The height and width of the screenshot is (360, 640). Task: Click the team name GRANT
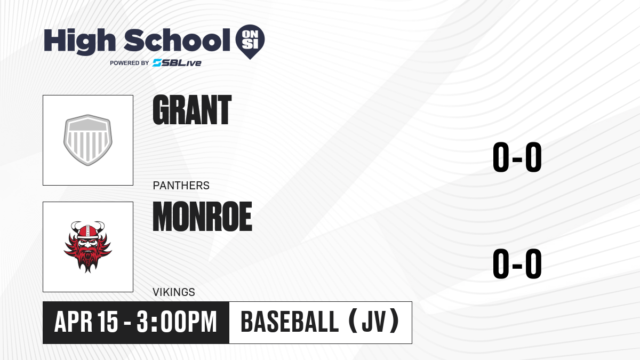(x=192, y=110)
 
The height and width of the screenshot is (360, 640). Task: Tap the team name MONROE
(x=202, y=217)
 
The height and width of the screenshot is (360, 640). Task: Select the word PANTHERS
(x=181, y=186)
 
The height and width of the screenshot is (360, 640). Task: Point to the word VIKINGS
(x=174, y=292)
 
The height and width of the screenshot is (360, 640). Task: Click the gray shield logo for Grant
(x=87, y=140)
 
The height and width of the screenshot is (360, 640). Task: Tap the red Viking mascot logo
(x=87, y=247)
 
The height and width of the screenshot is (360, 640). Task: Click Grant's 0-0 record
(x=517, y=157)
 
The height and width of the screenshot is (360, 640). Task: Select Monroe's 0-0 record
(x=517, y=263)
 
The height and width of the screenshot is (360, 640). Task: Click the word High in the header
(x=80, y=42)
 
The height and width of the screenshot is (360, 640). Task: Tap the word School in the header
(x=177, y=40)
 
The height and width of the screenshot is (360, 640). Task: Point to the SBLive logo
(x=177, y=63)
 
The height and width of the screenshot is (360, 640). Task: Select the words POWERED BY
(x=130, y=63)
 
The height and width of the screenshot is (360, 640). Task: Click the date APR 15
(x=86, y=322)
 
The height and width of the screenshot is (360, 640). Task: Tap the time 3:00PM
(x=177, y=322)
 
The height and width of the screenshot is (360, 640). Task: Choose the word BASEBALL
(x=290, y=322)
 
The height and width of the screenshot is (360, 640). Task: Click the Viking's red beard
(x=87, y=259)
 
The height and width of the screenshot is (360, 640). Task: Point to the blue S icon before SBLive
(x=157, y=63)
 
